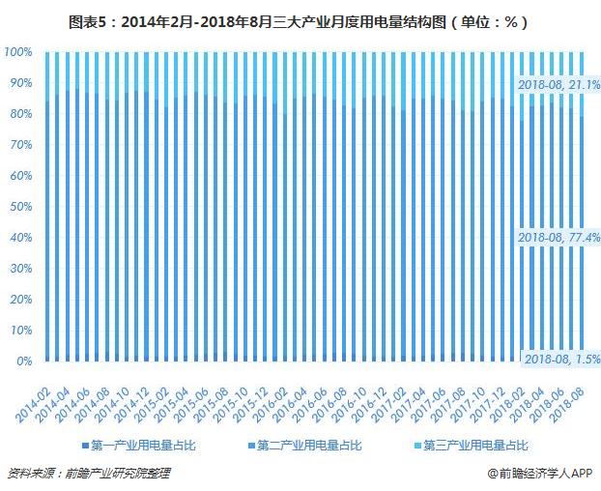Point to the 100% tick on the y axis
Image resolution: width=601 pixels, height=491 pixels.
[18, 52]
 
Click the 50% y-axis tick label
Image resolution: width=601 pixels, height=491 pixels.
[20, 207]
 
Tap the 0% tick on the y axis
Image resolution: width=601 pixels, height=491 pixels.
[24, 361]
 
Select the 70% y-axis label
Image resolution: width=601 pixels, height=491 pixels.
[20, 145]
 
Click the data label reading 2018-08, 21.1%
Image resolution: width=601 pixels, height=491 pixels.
[558, 85]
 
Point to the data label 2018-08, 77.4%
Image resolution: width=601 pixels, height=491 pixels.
[558, 236]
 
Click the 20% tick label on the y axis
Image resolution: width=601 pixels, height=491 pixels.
[20, 300]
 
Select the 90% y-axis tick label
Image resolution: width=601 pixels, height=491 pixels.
[20, 83]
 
